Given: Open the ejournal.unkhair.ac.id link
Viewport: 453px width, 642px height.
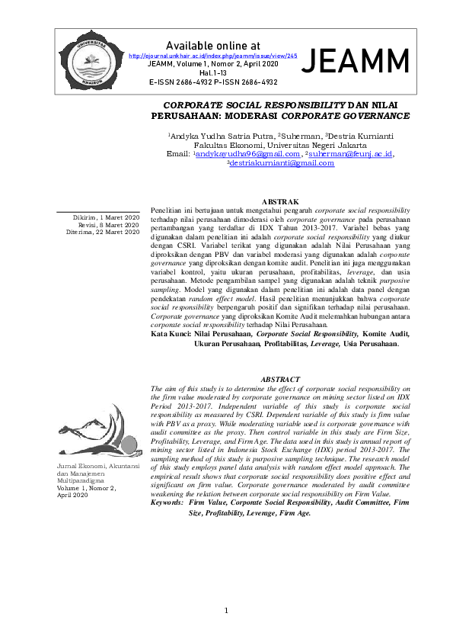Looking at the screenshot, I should coord(213,56).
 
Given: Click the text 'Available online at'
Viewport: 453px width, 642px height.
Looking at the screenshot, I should coord(212,45).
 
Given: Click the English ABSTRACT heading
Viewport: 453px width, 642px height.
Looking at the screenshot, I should coord(281,379).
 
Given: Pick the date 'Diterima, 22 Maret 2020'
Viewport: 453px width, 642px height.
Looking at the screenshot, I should coord(103,232).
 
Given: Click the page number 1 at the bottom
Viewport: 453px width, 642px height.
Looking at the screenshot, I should coord(226,611).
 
